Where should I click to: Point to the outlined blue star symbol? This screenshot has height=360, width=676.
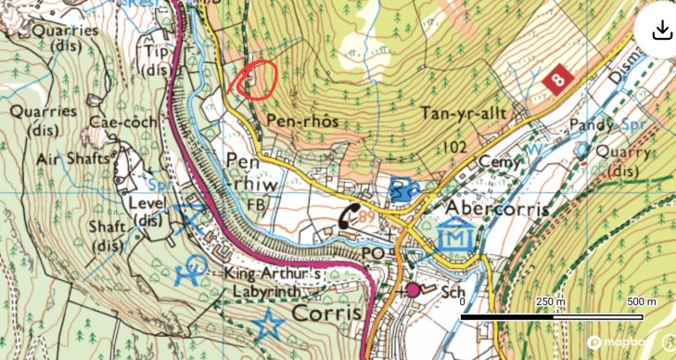(x=269, y=325)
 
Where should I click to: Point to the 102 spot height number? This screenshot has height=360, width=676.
(x=454, y=147)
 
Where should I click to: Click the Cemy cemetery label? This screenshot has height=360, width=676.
(x=496, y=161)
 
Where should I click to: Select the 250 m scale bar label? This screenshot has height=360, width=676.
(x=552, y=303)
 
